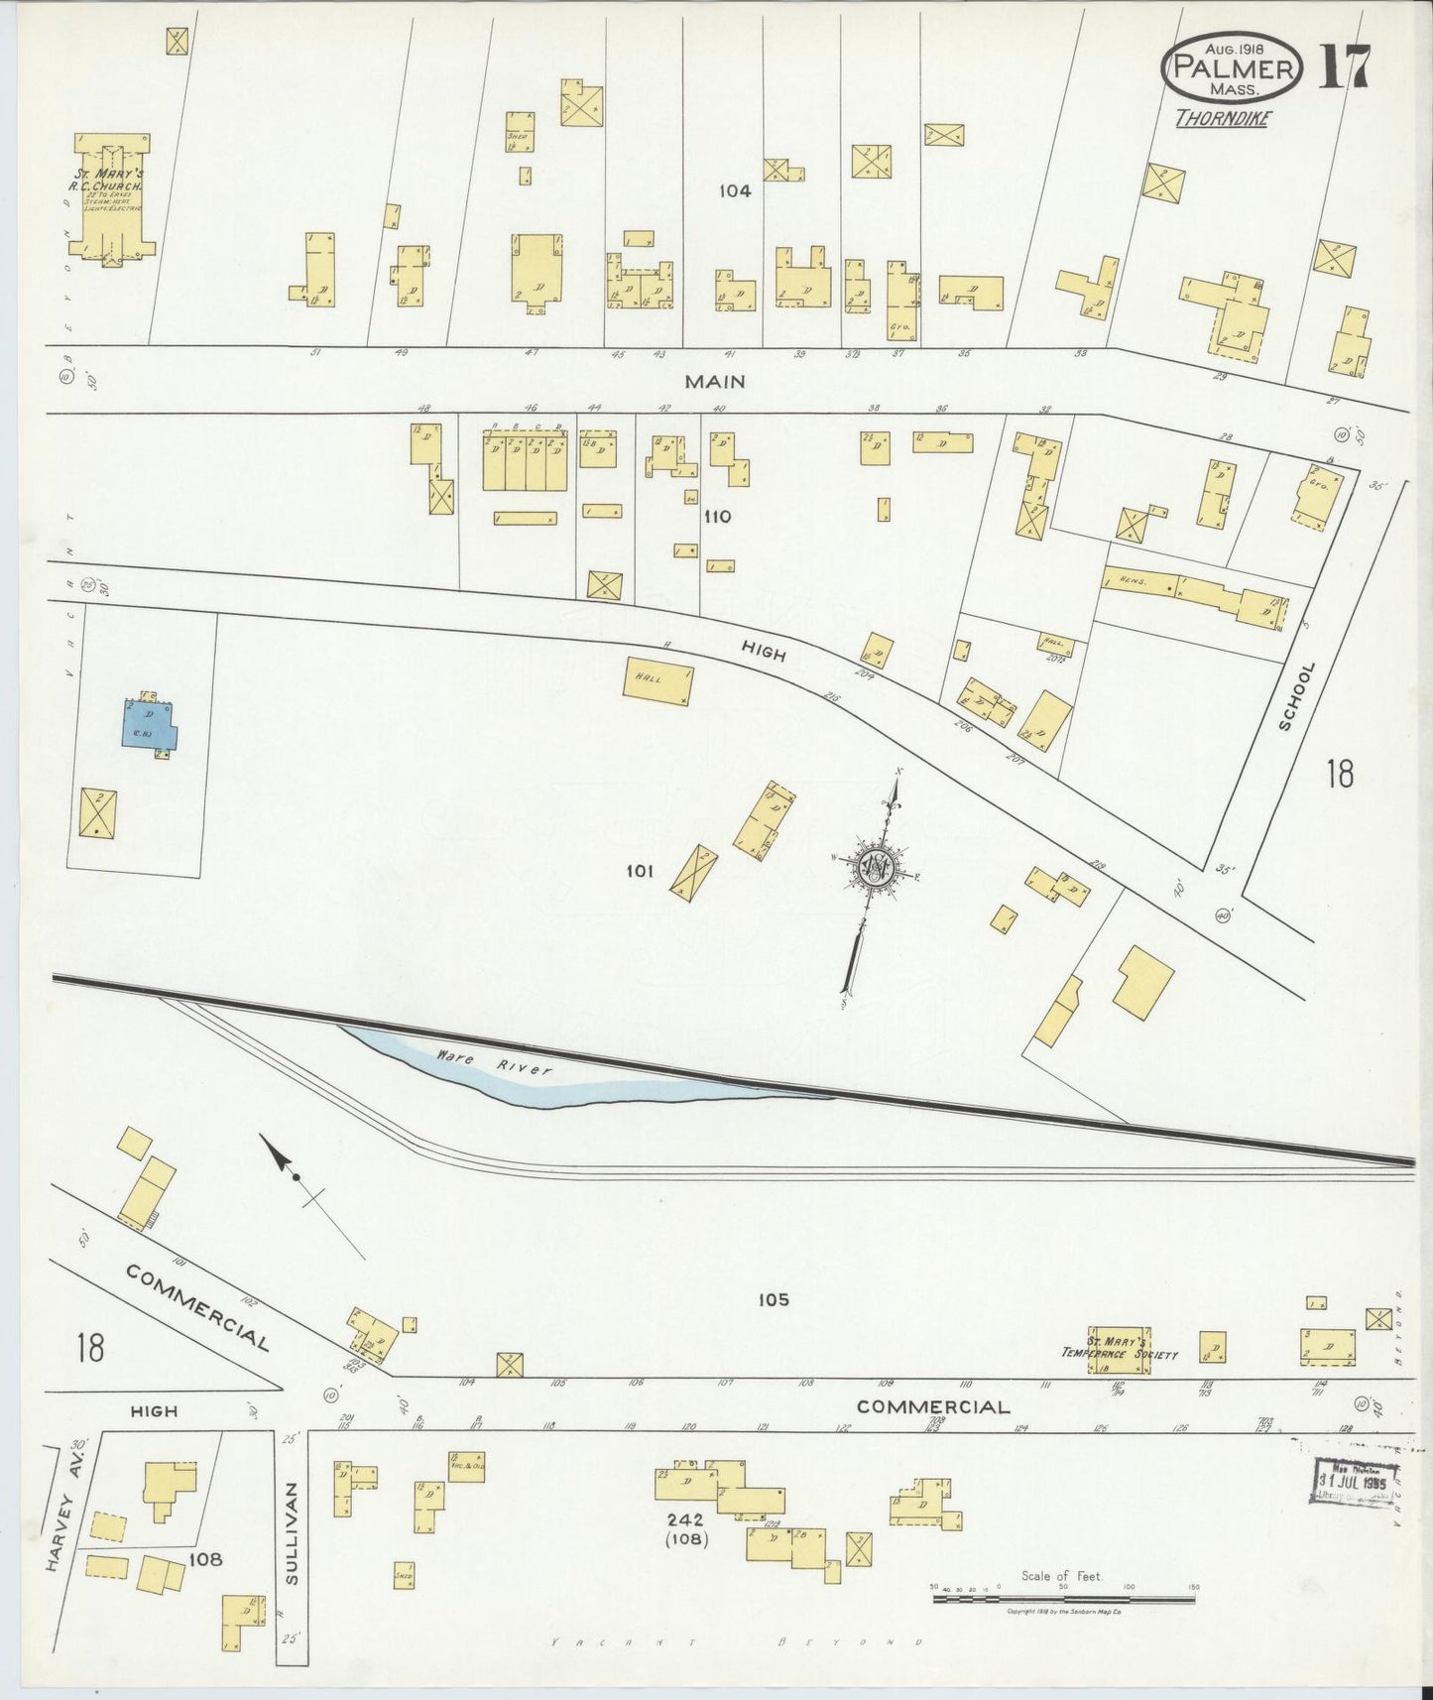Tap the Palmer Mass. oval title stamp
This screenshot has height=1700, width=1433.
(1232, 66)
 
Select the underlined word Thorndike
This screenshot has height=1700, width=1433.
(1223, 119)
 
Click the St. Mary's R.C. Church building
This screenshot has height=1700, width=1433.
(115, 198)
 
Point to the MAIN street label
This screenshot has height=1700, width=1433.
(714, 381)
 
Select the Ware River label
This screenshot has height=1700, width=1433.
(493, 1063)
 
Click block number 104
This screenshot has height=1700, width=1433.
(736, 191)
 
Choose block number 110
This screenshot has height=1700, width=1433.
(717, 517)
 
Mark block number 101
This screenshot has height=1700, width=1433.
(640, 871)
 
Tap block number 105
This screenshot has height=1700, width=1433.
(774, 1300)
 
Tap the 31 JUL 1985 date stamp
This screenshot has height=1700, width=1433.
(1351, 1482)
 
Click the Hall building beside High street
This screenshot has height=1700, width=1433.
(658, 681)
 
